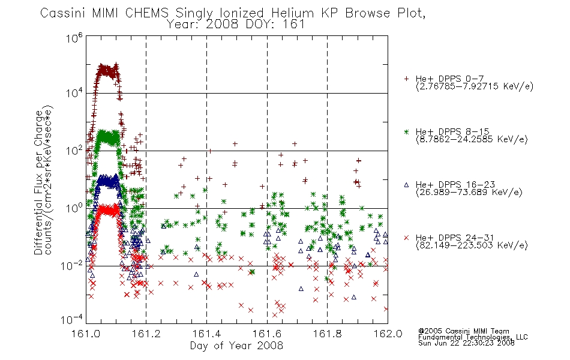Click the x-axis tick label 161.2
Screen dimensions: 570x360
coord(146,334)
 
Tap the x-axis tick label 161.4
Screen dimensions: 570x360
coord(206,334)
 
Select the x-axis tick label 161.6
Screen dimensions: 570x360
coord(267,334)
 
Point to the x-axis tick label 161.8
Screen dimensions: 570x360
coord(327,334)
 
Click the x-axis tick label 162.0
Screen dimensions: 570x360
coord(388,334)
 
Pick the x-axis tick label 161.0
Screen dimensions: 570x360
coord(86,334)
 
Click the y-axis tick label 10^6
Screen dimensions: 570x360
coord(74,38)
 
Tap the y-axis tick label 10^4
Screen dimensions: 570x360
coord(74,93)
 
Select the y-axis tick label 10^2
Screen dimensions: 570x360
coord(74,151)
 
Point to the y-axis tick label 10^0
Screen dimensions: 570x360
coord(74,208)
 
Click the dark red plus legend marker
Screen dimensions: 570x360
coord(406,79)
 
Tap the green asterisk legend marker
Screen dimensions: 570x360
coord(406,131)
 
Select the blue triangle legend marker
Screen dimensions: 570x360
coord(406,185)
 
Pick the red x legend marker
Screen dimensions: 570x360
coord(406,238)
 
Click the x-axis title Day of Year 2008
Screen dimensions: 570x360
coord(236,346)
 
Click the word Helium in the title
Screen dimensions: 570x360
coord(292,13)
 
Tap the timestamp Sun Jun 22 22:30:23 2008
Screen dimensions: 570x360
coord(466,343)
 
